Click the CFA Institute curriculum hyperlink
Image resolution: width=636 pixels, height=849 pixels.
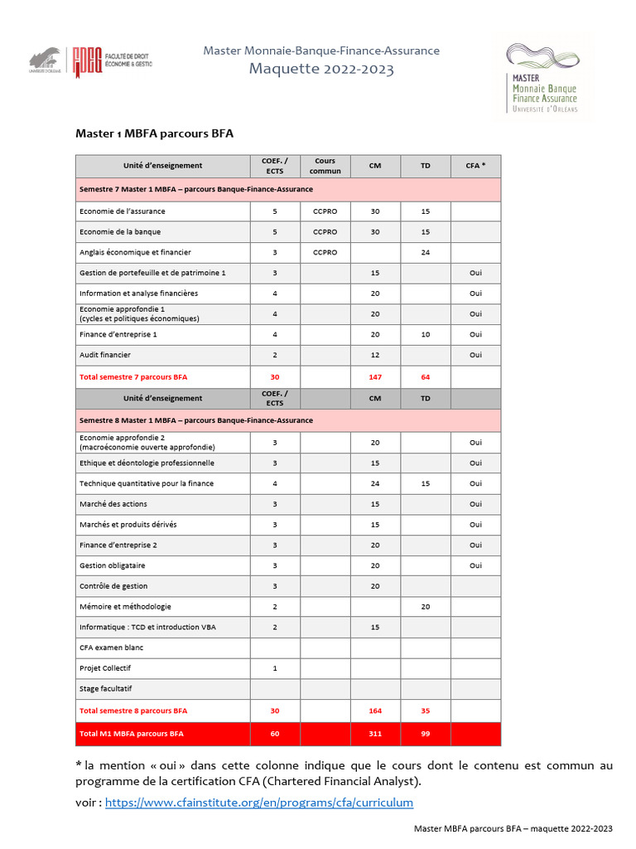258,803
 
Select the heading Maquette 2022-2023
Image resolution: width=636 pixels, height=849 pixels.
321,69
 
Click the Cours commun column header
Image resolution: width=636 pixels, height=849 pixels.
325,166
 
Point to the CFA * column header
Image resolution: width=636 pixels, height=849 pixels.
475,166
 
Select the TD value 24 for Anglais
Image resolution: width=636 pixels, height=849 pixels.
425,252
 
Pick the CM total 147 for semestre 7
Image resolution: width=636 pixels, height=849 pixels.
375,376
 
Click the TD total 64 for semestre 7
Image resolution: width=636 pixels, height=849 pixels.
425,376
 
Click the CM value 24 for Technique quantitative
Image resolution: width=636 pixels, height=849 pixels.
375,483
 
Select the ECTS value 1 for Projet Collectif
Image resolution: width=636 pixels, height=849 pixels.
275,668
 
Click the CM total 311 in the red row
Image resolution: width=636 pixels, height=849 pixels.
375,734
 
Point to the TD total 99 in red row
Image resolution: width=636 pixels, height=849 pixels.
425,734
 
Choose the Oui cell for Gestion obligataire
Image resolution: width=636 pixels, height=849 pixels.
475,565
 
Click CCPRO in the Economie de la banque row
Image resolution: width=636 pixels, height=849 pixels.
325,231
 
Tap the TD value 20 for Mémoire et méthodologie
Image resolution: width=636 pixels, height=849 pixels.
425,607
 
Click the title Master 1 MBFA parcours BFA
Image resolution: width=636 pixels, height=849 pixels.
155,133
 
